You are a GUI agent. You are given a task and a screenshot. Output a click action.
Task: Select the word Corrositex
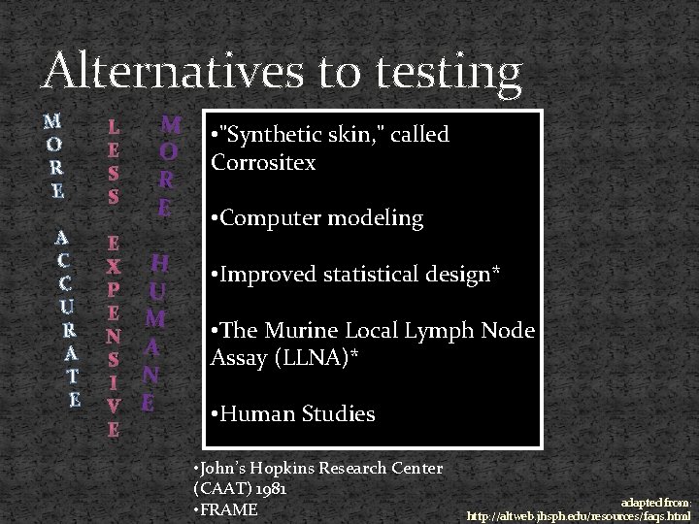click(x=263, y=162)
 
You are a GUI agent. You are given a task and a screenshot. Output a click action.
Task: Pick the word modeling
click(x=379, y=218)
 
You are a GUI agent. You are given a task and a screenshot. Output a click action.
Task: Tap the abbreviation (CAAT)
click(x=224, y=488)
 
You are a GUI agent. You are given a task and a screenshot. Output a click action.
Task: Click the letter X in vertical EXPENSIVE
click(x=114, y=265)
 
